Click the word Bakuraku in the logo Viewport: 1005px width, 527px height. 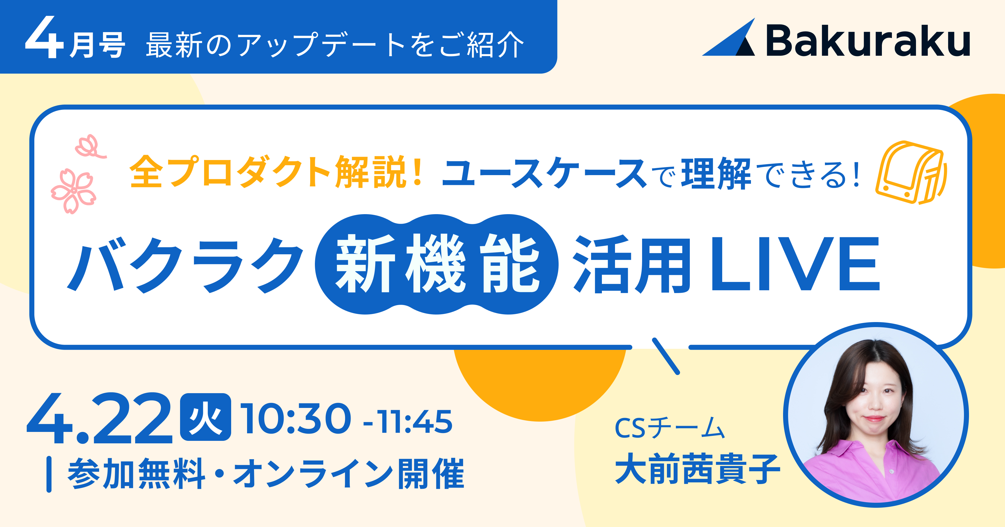tap(868, 41)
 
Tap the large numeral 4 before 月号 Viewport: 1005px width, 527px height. tap(44, 38)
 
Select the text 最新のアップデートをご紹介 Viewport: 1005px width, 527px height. tap(335, 45)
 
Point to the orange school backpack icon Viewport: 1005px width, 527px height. tap(910, 173)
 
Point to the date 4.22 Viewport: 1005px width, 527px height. tap(99, 419)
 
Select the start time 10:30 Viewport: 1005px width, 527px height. tap(295, 419)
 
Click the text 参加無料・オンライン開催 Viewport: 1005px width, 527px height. tap(266, 473)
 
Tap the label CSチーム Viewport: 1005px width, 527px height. tap(669, 428)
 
